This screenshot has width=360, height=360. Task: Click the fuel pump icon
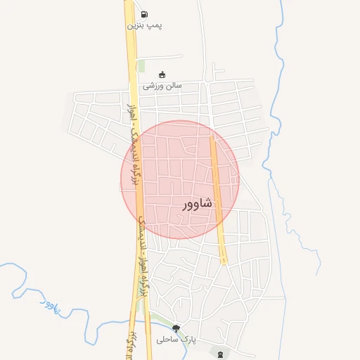point(144,14)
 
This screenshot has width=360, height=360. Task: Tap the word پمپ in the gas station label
point(155,25)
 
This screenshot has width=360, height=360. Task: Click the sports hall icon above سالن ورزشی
point(162,75)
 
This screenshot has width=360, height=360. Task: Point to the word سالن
point(172,86)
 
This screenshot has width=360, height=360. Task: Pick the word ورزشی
point(153,86)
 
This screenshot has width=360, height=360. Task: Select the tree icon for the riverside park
point(176,328)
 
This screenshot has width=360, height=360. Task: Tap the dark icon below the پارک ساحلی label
point(223,353)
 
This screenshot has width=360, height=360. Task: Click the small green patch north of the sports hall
point(141,65)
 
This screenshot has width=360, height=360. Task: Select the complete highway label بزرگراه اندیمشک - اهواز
point(130,148)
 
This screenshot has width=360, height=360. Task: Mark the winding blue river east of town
point(281,84)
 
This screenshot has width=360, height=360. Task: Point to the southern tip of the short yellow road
point(224,262)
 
